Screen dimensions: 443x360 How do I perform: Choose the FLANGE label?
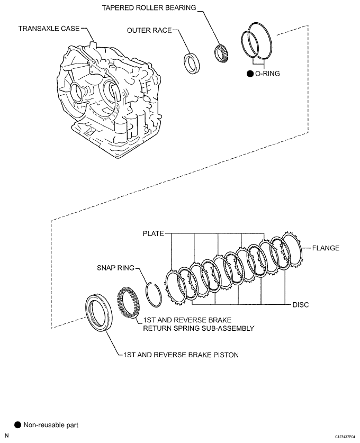(326, 248)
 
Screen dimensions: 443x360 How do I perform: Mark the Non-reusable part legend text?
(51, 424)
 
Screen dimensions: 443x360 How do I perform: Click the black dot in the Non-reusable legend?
(17, 424)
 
